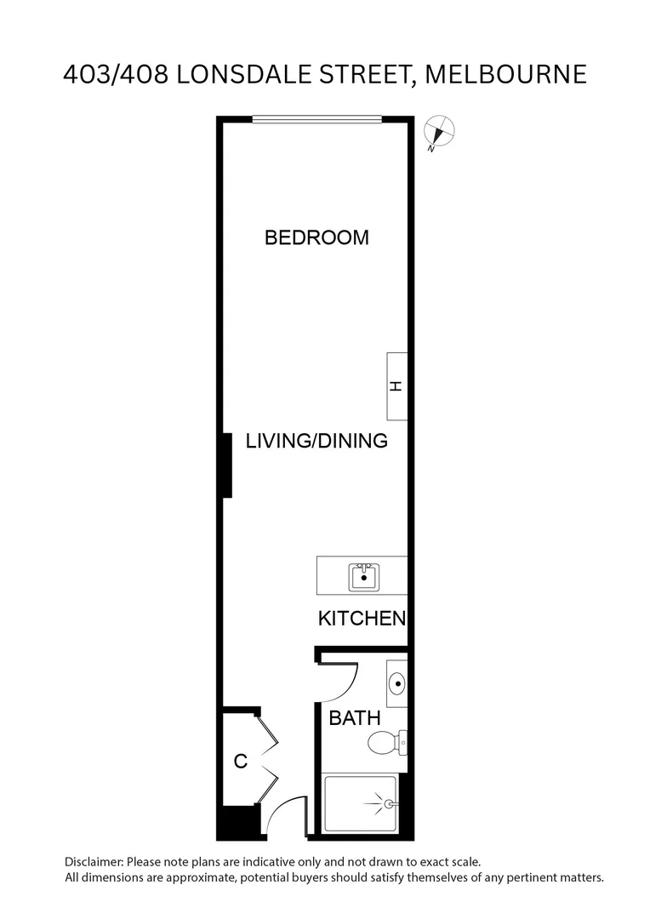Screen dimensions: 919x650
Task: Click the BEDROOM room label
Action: tap(316, 237)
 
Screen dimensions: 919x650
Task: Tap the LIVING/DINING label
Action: tap(316, 441)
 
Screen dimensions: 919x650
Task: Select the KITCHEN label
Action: tap(362, 619)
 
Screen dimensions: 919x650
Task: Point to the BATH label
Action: tap(354, 718)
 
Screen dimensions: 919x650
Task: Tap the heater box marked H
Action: tap(396, 385)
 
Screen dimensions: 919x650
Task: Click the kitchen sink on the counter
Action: tap(364, 577)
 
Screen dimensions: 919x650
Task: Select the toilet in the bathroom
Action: tap(386, 743)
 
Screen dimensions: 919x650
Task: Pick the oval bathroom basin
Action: tap(397, 683)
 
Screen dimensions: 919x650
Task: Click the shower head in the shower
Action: tap(388, 802)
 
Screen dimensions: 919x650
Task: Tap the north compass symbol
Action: tap(440, 132)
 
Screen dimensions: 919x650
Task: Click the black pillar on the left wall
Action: tap(227, 465)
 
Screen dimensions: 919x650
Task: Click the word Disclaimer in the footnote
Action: tap(94, 862)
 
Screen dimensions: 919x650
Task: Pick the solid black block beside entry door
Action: tap(237, 823)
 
